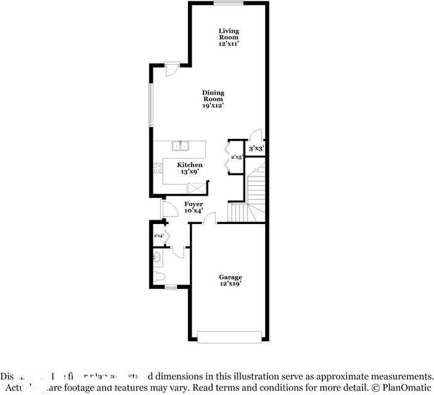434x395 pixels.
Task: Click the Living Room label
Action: click(229, 36)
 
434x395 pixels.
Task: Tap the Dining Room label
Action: click(213, 99)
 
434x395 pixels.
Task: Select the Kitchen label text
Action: click(190, 168)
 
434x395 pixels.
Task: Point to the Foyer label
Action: click(194, 207)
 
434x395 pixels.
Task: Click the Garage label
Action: click(231, 281)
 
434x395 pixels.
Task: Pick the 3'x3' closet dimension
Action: click(256, 149)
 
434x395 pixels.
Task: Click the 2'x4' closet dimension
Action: click(158, 236)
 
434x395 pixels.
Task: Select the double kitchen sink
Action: click(180, 146)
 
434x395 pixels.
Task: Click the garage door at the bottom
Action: click(229, 336)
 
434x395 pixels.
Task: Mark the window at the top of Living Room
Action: click(228, 3)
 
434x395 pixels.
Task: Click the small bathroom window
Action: click(171, 287)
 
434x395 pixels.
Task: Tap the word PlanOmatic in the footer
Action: click(403, 388)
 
